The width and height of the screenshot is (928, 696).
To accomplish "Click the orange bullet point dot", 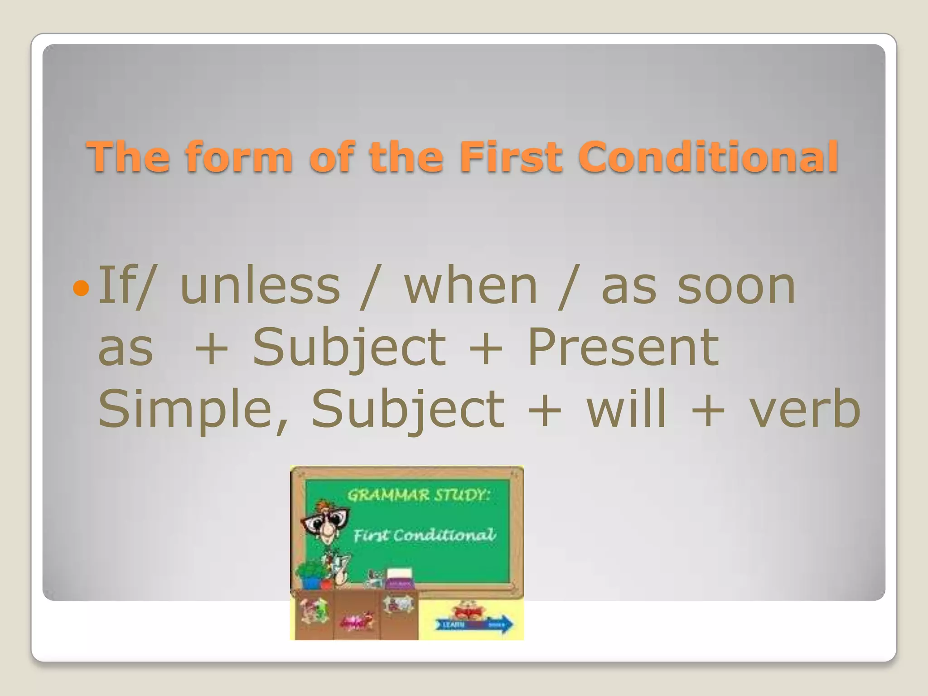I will (x=81, y=288).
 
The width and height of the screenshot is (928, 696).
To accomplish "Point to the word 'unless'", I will (x=260, y=286).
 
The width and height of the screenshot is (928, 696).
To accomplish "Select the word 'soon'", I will (x=736, y=286).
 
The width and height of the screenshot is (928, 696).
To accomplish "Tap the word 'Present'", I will (x=623, y=348).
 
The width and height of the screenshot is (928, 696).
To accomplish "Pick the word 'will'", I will (x=627, y=409).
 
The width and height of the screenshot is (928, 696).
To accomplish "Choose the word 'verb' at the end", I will (x=805, y=409).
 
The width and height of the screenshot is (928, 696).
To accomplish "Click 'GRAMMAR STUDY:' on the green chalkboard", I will (x=418, y=495).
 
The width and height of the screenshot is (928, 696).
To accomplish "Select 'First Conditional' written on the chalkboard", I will (x=425, y=536).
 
